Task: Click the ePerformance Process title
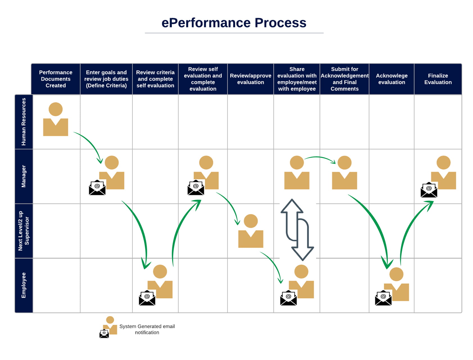coord(234,23)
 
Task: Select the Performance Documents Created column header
coord(56,79)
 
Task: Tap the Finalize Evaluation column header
coord(438,79)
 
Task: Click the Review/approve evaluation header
coord(250,79)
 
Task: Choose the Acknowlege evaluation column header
coord(391,79)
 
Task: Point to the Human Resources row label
coord(24,122)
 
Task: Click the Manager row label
coord(24,176)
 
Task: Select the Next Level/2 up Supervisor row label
coord(24,231)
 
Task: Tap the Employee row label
coord(24,285)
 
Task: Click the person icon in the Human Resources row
coord(56,120)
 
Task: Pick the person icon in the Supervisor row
coord(251,231)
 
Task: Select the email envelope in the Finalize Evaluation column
coord(429,190)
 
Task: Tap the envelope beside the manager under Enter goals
coord(97,188)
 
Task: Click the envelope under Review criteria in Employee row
coord(147,298)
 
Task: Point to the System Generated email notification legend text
coord(147,329)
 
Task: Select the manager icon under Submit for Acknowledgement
coord(344,173)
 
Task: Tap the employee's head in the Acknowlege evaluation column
coord(396,274)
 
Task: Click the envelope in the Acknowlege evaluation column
coord(383,298)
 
